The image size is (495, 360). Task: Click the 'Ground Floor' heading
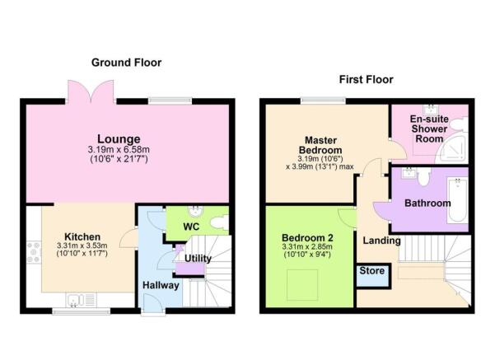click(126, 63)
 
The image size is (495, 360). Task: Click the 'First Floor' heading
click(366, 80)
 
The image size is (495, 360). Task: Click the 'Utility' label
click(198, 259)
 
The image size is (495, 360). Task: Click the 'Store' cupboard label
click(371, 272)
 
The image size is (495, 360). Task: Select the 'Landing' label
click(383, 241)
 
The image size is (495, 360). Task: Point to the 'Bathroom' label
click(427, 203)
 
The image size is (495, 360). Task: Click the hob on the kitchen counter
click(34, 252)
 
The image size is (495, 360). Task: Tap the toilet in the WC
click(217, 222)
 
